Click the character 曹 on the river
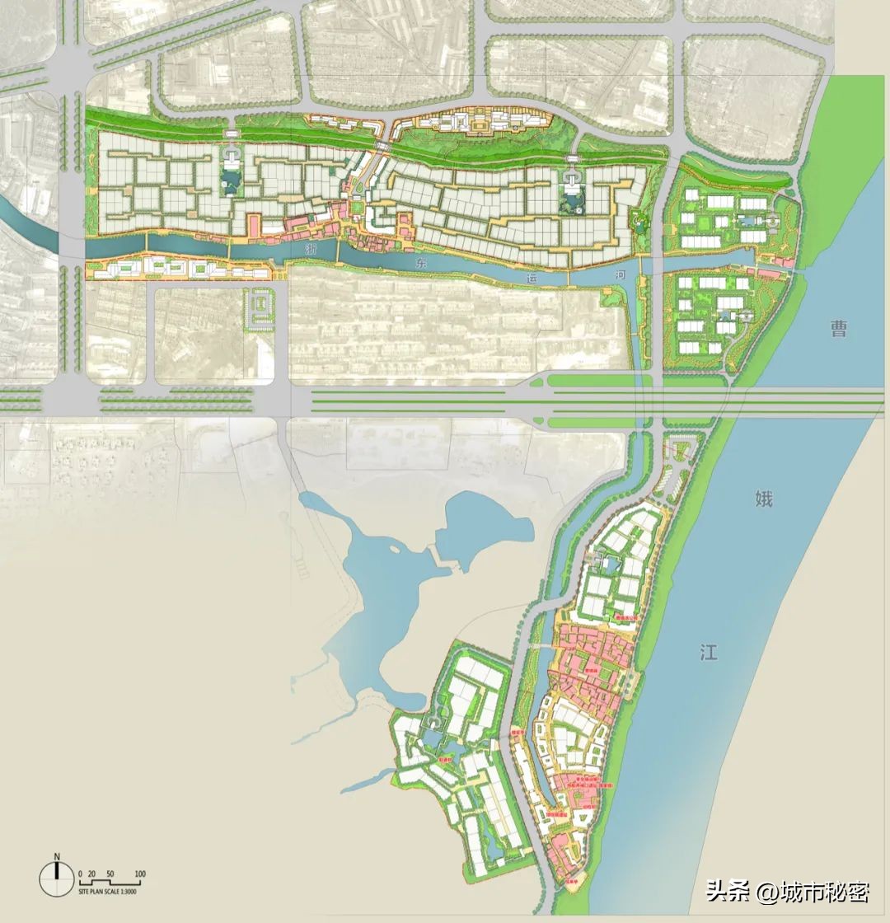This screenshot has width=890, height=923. tap(839, 330)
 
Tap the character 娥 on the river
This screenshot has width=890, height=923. tap(764, 498)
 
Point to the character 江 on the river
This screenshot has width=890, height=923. tap(708, 653)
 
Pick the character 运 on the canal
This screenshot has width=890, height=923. tap(532, 279)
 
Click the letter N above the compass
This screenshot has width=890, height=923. tap(57, 855)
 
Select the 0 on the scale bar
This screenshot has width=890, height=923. tap(80, 874)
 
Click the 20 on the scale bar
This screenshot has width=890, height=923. tap(92, 874)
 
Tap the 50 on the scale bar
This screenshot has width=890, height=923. tap(110, 874)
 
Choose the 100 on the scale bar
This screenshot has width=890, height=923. tap(140, 874)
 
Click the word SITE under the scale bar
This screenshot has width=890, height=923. tap(84, 892)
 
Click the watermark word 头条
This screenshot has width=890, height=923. tap(725, 892)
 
